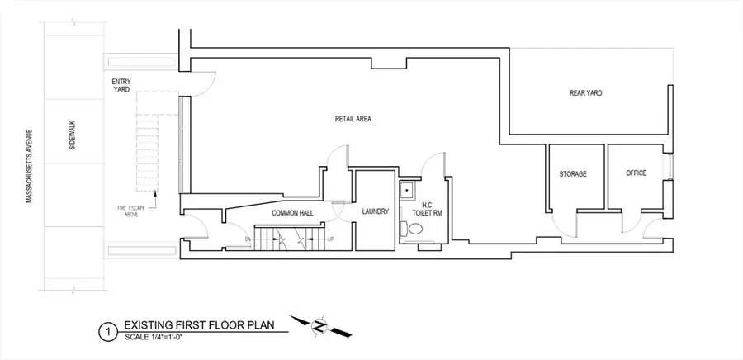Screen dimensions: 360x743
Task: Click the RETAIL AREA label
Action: (x=353, y=119)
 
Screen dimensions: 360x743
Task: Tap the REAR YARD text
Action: (x=584, y=93)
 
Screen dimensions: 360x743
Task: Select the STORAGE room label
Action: (x=572, y=174)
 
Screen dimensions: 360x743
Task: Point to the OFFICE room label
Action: (x=636, y=173)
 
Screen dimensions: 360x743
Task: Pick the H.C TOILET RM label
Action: (x=427, y=208)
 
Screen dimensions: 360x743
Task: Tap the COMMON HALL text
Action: (x=272, y=212)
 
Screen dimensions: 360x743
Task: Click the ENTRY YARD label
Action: (x=121, y=85)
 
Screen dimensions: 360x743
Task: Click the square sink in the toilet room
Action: (x=407, y=192)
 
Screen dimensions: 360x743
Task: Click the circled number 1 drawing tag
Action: (x=105, y=332)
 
